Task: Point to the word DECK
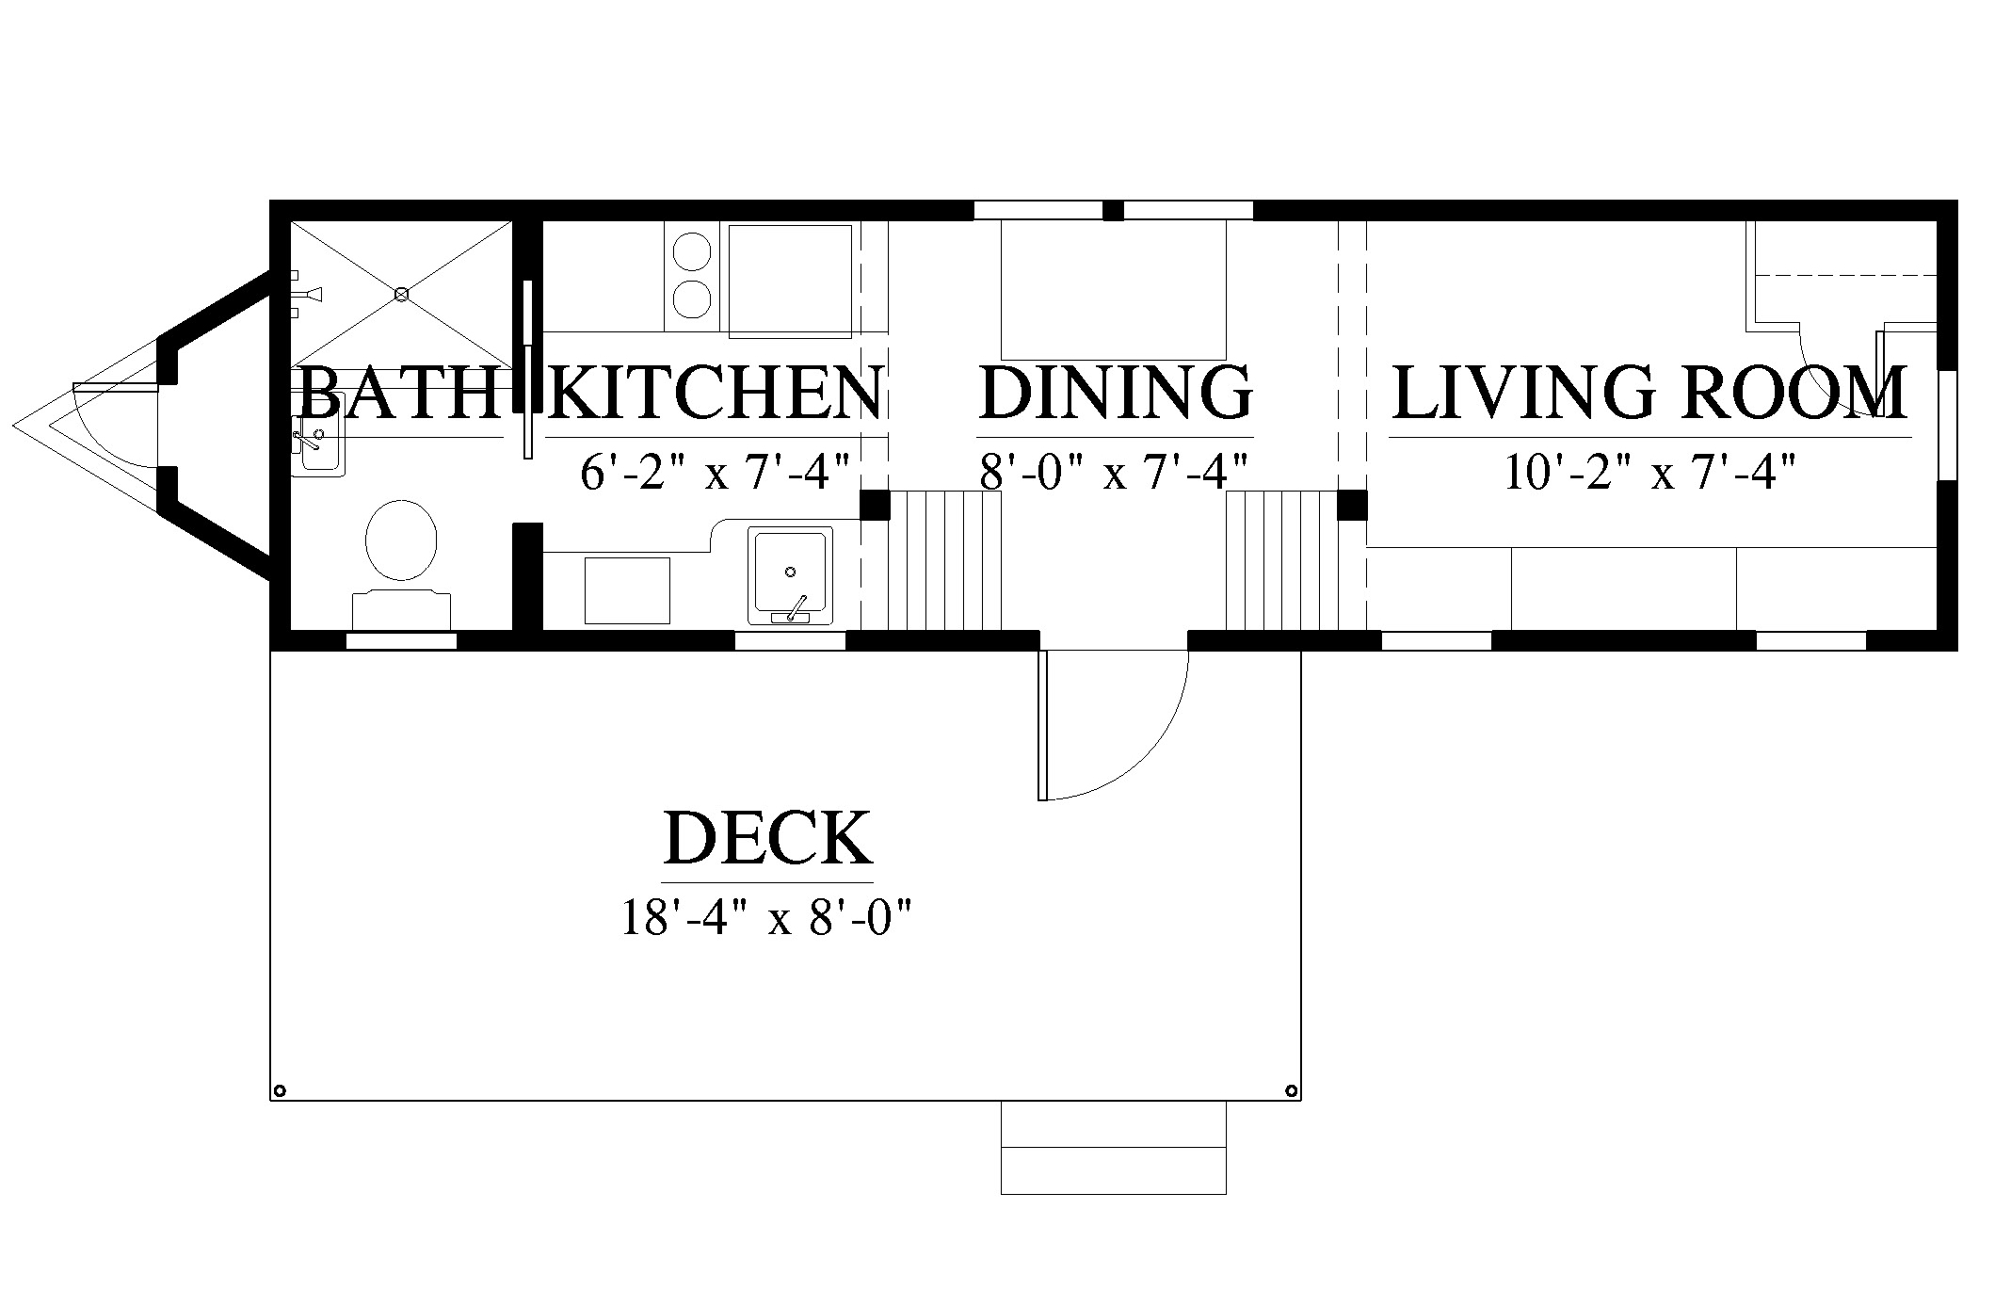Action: point(767,837)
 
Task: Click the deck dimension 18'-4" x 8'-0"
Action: point(767,917)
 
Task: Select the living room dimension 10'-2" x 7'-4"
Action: point(1649,472)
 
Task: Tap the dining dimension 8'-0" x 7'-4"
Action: point(1115,472)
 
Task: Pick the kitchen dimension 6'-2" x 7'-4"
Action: point(716,472)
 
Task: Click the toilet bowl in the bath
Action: point(401,540)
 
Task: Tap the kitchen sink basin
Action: point(790,574)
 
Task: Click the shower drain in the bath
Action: point(401,295)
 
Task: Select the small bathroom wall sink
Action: point(317,445)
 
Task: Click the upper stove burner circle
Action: point(691,251)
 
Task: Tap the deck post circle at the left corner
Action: point(279,1091)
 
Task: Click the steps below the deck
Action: point(1113,1147)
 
